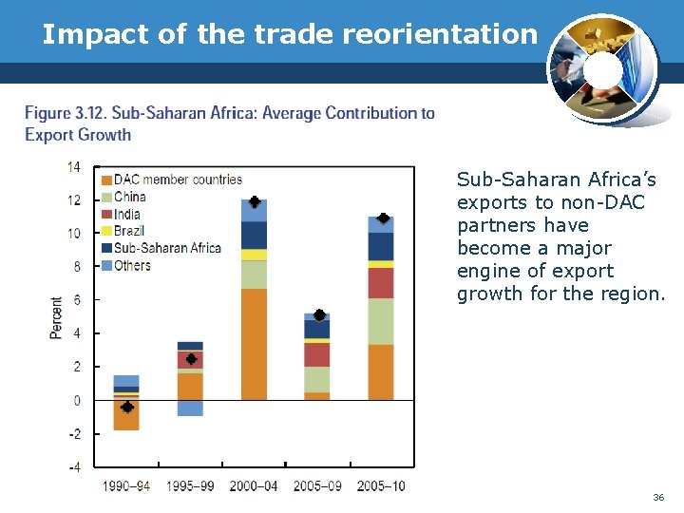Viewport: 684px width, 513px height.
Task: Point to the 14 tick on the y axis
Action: coord(73,167)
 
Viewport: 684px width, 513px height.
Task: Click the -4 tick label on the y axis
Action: coord(73,467)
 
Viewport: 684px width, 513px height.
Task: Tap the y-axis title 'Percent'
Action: coord(57,317)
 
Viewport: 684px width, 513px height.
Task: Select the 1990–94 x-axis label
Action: coord(126,486)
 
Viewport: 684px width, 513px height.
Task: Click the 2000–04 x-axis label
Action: coord(254,486)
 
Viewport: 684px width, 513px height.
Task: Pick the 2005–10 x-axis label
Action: coord(381,486)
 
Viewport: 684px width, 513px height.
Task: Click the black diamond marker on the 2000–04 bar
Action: coord(255,202)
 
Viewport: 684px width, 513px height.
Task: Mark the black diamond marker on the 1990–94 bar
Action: coord(126,407)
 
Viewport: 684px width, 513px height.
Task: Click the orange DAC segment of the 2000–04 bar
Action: coord(254,344)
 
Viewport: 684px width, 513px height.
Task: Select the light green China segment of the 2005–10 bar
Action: coord(381,321)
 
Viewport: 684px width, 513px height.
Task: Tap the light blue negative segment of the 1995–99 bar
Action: coord(190,408)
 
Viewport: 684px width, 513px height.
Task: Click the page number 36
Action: coord(658,498)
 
